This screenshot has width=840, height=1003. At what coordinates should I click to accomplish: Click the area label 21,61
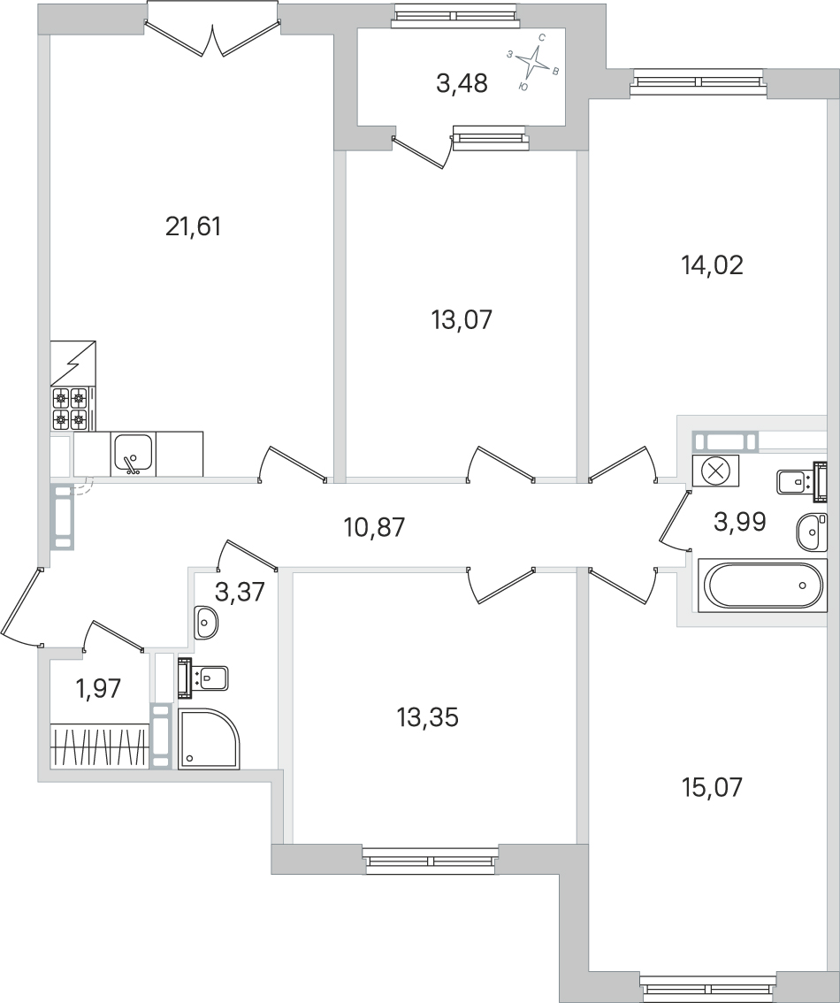pyautogui.click(x=193, y=227)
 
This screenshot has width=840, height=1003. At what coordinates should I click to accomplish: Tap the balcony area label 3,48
pyautogui.click(x=462, y=85)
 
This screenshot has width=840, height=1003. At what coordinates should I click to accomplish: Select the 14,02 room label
pyautogui.click(x=712, y=265)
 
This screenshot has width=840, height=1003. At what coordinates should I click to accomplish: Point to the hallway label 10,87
pyautogui.click(x=373, y=528)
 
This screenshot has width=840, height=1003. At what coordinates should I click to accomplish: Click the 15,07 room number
pyautogui.click(x=712, y=786)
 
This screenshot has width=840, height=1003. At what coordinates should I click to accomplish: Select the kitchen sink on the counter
pyautogui.click(x=134, y=454)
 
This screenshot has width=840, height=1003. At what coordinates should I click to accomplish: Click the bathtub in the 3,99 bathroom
pyautogui.click(x=762, y=586)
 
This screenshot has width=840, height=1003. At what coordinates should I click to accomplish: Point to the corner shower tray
pyautogui.click(x=208, y=739)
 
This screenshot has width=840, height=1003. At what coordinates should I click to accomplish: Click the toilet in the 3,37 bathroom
pyautogui.click(x=204, y=678)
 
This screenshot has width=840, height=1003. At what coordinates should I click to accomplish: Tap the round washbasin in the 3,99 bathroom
pyautogui.click(x=812, y=531)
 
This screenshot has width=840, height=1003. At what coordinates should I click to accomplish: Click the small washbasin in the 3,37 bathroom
pyautogui.click(x=206, y=622)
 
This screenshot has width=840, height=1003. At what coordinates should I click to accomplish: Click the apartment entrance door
pyautogui.click(x=20, y=610)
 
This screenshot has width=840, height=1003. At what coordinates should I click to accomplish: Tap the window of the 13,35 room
pyautogui.click(x=431, y=861)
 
